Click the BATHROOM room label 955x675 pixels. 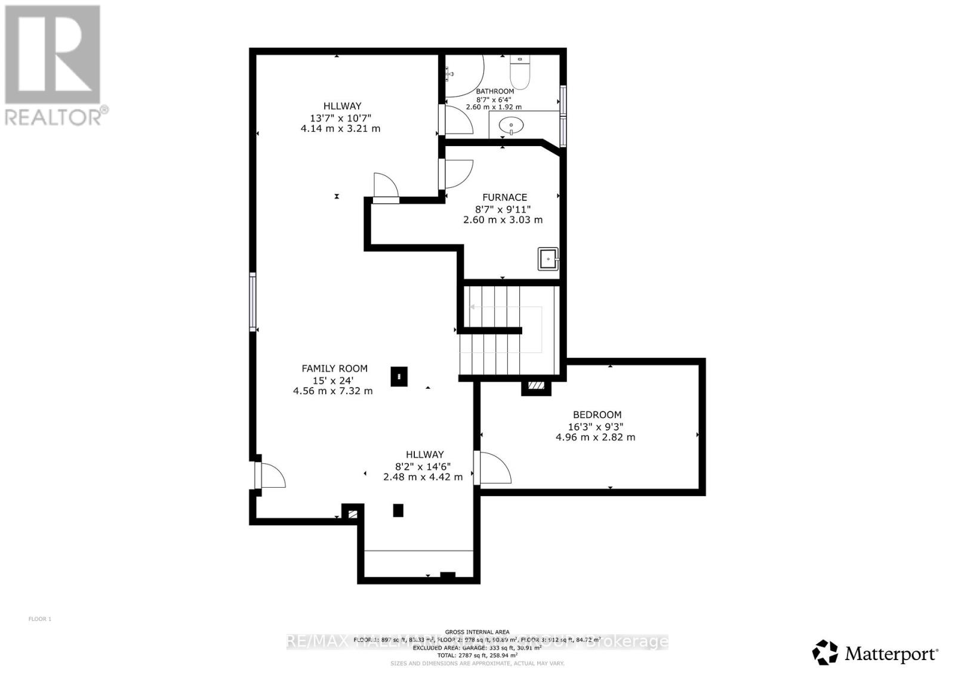494,91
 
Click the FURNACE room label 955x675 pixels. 504,197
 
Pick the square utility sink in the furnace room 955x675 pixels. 548,259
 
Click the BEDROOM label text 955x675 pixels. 597,415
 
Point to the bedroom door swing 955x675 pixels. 494,468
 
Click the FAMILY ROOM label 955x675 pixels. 334,369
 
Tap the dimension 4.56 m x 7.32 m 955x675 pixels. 332,391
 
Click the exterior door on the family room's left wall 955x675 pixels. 270,475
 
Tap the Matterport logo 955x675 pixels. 875,654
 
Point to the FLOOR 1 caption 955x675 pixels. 40,619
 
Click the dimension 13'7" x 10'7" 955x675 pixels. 340,118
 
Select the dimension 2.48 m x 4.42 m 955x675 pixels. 423,477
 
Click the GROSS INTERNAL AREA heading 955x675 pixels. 477,632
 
